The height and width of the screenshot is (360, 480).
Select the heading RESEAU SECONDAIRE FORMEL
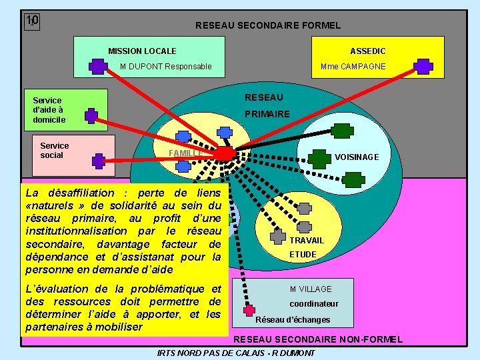point(267,25)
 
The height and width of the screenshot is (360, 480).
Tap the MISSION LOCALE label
point(142,51)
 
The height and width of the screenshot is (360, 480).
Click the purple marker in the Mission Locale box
point(98,66)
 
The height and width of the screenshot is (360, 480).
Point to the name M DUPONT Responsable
point(166,66)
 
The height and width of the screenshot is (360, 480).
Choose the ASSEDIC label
point(368,51)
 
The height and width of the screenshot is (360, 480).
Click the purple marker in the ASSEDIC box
point(423,66)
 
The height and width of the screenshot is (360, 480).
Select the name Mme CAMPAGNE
point(353,66)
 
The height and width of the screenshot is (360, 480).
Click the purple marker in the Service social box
point(99,160)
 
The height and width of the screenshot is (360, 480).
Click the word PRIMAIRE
point(267,114)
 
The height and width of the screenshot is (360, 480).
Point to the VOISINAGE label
point(357,157)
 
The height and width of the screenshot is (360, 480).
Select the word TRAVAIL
point(307,240)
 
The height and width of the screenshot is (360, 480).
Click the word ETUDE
point(303,254)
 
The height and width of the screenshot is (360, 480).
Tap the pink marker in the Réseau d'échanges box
point(249,310)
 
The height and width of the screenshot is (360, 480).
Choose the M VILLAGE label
point(310,289)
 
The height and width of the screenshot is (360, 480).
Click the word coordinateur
point(313,303)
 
